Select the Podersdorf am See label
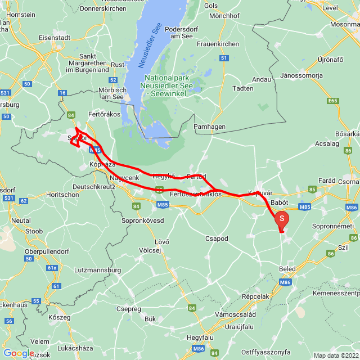pos(181,32)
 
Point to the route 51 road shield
pos(224,58)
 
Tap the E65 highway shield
pos(334,101)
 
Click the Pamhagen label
pos(209,127)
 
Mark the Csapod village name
pos(217,238)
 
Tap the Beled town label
pos(287,269)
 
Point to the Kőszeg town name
pos(60,318)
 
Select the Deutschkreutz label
pos(97,186)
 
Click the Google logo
pos(19,353)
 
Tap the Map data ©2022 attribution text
pos(336,355)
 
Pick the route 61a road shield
pos(52,268)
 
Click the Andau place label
pos(262,79)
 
